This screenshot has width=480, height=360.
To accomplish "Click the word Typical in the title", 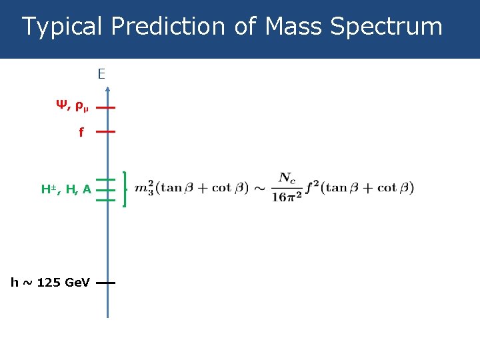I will [63, 27].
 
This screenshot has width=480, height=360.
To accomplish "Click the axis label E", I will [101, 74].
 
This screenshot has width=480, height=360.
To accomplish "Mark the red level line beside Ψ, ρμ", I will [105, 107].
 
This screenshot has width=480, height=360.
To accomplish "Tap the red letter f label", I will [81, 133].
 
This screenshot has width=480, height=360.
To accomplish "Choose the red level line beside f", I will [105, 132].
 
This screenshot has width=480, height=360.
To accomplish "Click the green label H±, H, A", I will [66, 190].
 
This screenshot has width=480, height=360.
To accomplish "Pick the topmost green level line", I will [106, 180].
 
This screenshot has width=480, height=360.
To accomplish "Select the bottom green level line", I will [106, 200].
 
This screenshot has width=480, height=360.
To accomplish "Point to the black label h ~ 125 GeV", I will [50, 283].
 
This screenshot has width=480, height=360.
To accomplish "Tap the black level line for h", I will [105, 283].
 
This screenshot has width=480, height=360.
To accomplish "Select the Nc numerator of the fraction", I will [287, 178].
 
